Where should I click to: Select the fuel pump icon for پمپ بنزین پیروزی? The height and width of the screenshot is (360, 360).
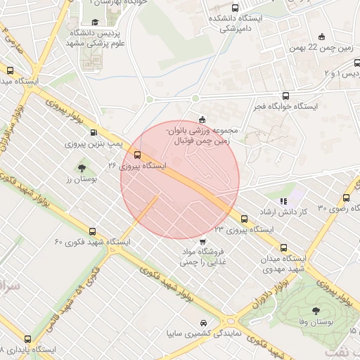point(94,132)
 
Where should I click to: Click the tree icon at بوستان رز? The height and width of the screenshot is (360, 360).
point(82,168)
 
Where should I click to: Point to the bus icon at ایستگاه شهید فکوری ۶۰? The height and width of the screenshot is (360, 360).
point(92,231)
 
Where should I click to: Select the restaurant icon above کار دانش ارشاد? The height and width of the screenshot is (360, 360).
point(283,201)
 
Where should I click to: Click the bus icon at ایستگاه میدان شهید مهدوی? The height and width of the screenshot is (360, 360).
point(284,247)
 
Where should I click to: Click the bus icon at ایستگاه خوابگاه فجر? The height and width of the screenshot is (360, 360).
point(285,96)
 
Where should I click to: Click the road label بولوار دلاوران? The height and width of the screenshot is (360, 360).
point(270,295)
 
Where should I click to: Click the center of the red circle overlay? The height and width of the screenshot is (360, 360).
point(180,180)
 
